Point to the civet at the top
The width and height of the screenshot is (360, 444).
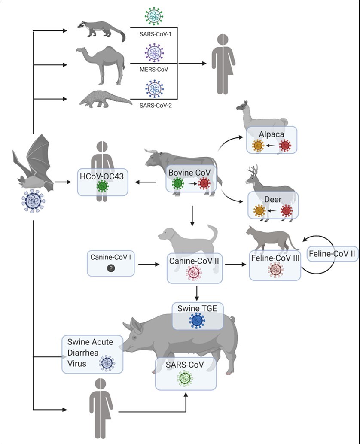click(x=101, y=30)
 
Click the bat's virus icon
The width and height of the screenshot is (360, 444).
click(x=33, y=200)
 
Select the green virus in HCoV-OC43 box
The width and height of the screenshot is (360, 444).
click(x=102, y=186)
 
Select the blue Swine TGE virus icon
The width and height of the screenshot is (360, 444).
click(x=197, y=320)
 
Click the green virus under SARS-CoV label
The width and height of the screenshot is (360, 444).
click(x=185, y=378)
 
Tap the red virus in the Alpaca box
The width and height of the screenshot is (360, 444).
click(x=284, y=145)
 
